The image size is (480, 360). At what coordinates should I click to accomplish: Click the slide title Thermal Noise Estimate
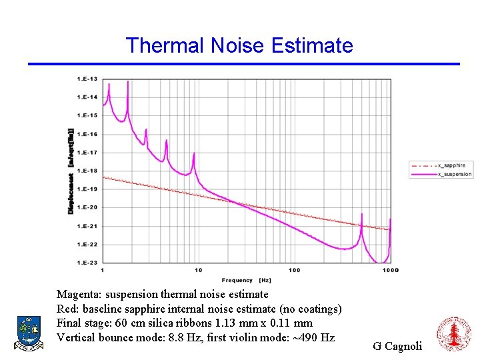pos(239,45)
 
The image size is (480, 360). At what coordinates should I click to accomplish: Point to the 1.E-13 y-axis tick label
pos(87,79)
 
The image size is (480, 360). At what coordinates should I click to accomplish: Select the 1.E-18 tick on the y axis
pos(87,171)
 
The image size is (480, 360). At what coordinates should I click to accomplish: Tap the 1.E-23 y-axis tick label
pos(87,263)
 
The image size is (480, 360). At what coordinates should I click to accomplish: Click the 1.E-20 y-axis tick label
pos(87,207)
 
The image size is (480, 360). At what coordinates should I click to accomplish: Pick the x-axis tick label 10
pos(198,270)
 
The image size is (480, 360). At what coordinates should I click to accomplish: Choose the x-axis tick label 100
pos(294,270)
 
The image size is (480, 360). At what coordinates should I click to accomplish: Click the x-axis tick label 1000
pos(391,270)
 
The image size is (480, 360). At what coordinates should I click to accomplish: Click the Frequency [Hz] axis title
pos(247,280)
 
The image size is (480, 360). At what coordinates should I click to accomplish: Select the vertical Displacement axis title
pos(71,171)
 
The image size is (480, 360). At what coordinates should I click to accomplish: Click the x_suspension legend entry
pos(453,174)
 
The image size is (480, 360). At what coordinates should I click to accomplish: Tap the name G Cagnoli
pos(397,346)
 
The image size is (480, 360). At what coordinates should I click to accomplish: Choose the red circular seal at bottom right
pos(453,335)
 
